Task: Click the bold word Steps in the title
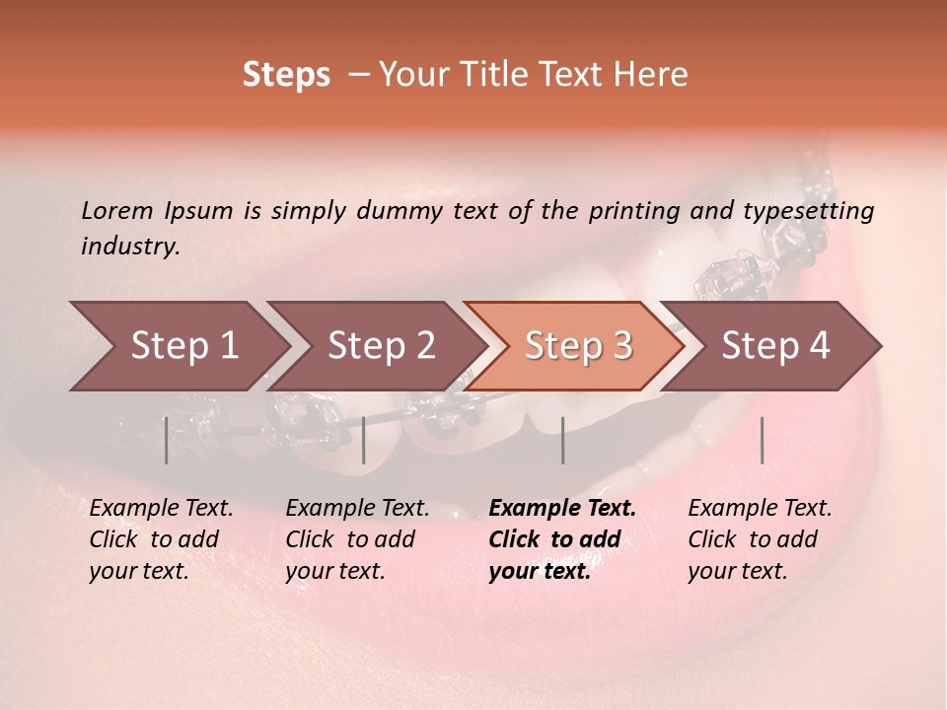pos(286,75)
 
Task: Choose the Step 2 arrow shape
pos(381,346)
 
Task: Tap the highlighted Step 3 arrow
pos(578,346)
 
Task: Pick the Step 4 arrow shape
pos(775,346)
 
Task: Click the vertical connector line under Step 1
pos(166,440)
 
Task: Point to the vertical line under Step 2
pos(364,440)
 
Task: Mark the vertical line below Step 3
pos(562,440)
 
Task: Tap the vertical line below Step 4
pos(762,440)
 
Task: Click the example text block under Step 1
pos(161,539)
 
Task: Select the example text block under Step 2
pos(357,539)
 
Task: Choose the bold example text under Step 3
pos(562,539)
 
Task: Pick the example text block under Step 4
pos(760,539)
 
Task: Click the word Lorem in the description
pos(117,211)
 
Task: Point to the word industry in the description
pos(129,247)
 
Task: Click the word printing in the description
pos(634,211)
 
